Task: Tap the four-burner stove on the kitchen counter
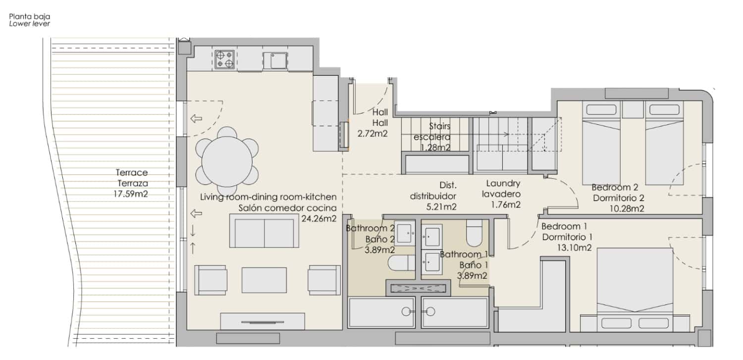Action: (224, 59)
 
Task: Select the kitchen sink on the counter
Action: (274, 60)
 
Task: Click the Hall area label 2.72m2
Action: (372, 133)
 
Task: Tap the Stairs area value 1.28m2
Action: (435, 148)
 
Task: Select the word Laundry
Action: (503, 183)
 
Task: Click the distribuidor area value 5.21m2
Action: (440, 206)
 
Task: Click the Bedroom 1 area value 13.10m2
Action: (574, 248)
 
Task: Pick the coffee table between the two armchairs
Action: (264, 280)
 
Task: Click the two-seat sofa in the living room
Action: (266, 231)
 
